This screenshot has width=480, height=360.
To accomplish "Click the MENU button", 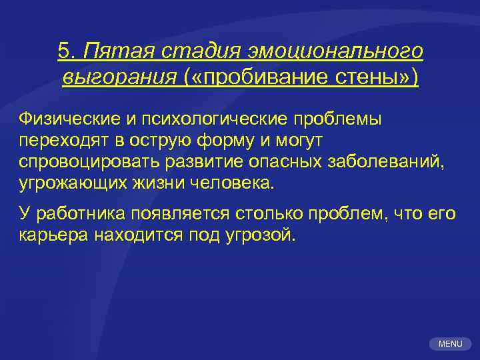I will point(450,343).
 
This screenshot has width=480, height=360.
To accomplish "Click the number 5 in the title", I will point(65,51).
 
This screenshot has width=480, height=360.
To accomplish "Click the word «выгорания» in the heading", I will point(118,77).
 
